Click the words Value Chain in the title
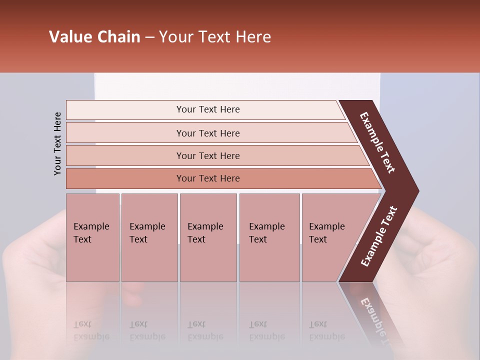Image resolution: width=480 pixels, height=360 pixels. [x=94, y=37]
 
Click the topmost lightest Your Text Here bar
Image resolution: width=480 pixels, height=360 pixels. [x=207, y=109]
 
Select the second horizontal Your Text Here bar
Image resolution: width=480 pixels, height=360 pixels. [x=207, y=133]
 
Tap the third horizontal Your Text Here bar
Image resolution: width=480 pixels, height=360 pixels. [x=207, y=155]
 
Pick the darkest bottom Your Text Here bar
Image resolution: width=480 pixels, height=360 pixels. [x=207, y=178]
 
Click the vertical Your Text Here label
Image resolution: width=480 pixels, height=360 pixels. [x=58, y=143]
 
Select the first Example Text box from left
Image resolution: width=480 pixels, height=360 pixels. [x=92, y=237]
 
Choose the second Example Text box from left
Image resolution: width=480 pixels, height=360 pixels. [x=149, y=237]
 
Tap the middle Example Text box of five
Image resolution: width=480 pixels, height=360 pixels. [x=208, y=237]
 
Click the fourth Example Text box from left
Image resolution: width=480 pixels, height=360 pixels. [x=269, y=237]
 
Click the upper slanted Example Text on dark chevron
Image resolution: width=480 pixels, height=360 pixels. [x=377, y=142]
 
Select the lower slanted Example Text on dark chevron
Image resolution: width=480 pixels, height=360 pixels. [x=379, y=236]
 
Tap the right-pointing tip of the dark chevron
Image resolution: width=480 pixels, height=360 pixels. [x=415, y=190]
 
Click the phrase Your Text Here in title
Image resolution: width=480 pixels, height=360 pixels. [x=215, y=37]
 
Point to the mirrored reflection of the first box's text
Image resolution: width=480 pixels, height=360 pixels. [x=91, y=330]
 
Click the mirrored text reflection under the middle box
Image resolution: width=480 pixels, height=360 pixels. [x=205, y=330]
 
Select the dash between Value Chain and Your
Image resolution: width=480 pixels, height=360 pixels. [x=149, y=37]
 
